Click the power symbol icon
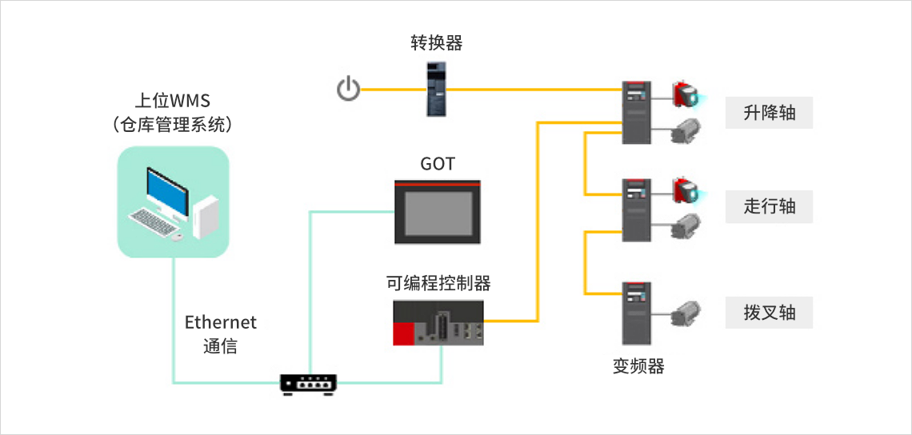point(349,89)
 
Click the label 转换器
point(436,43)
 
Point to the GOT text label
point(438,164)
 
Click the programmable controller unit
point(438,322)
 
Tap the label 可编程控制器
point(438,283)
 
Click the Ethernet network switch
point(309,384)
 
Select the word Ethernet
point(221,322)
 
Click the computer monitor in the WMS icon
point(167,189)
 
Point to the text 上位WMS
point(173,102)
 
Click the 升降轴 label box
point(769,113)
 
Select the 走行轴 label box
point(769,206)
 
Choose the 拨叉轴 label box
point(769,312)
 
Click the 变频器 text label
point(638,366)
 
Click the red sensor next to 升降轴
point(686,95)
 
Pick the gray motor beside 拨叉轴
point(686,313)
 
